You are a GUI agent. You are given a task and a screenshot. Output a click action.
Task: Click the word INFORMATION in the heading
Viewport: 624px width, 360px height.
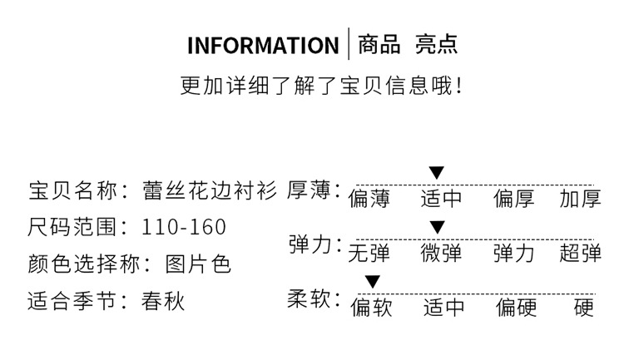tap(262, 45)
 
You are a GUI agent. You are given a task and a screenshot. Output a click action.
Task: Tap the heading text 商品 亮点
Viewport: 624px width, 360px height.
tap(407, 44)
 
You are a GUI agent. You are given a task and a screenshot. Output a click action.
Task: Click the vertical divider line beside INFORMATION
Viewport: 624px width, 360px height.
tap(349, 44)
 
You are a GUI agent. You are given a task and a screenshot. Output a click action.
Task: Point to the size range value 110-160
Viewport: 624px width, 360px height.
tap(184, 227)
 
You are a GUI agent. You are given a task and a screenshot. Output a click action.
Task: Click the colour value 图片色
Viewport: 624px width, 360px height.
tap(198, 264)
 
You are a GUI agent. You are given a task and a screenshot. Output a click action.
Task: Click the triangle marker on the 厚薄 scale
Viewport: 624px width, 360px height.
tap(437, 173)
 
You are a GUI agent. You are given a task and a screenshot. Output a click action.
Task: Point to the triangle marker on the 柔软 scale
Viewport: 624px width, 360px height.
tap(373, 282)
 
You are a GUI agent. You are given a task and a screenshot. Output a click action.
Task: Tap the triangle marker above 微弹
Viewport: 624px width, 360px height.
tap(438, 227)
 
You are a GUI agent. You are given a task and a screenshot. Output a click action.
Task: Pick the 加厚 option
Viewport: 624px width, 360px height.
tap(580, 199)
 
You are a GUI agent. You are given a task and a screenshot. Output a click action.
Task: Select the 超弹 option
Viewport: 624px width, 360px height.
tap(580, 253)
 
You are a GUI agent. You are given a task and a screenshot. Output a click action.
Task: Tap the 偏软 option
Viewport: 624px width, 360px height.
tap(371, 308)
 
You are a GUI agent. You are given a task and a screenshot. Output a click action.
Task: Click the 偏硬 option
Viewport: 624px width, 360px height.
tap(517, 308)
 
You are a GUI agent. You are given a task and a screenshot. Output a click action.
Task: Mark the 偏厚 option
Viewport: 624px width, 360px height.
tap(514, 199)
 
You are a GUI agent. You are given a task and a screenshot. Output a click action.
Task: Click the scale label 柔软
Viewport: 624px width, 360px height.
tap(310, 299)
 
